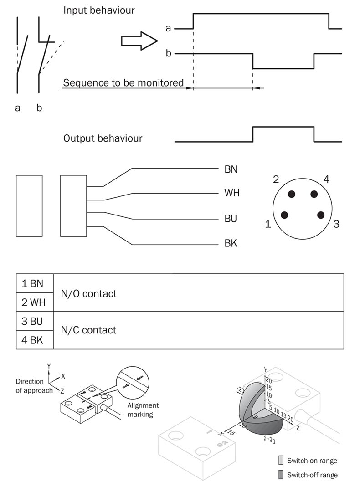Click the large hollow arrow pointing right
pos(139,41)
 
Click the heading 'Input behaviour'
pos(99,10)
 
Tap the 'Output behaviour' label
pos(103,138)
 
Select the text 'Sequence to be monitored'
pos(123,83)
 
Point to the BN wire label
pos(231,169)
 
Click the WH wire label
pos(231,193)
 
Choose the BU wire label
pos(231,219)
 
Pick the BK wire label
pos(231,244)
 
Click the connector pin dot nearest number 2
pos(292,194)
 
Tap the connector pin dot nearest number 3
pos(320,215)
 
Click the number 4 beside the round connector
pos(326,179)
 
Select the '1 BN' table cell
pos(35,283)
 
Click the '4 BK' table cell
pos(35,340)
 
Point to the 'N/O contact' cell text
pos(89,293)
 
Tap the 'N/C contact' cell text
pos(89,330)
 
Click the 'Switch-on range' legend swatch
pos(281,460)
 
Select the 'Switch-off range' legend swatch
pos(281,475)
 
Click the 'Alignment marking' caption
pos(143,410)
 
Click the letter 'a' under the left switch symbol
pos(18,108)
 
